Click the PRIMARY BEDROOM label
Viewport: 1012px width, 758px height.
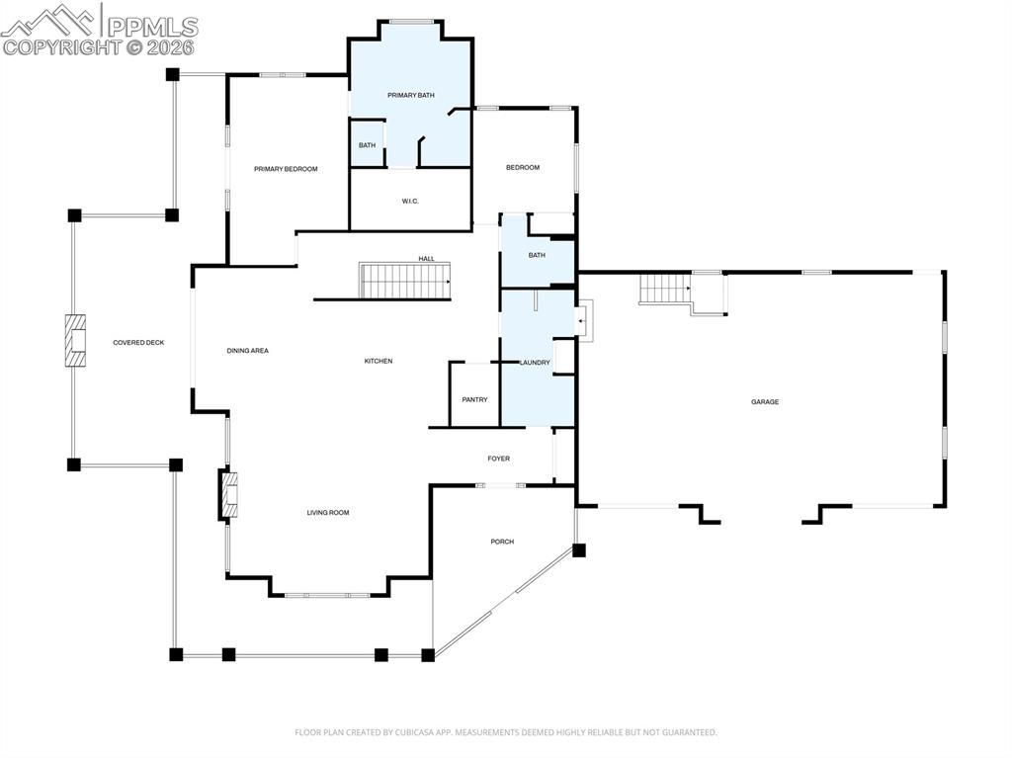(x=286, y=169)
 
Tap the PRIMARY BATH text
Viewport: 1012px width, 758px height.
(x=410, y=95)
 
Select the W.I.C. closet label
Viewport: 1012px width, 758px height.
(x=410, y=202)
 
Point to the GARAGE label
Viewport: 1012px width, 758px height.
(x=764, y=402)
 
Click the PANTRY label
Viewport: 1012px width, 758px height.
(x=474, y=399)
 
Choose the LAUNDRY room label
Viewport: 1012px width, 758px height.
(x=535, y=363)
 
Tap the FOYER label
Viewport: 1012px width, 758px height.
(x=498, y=459)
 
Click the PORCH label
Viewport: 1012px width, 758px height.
(x=502, y=542)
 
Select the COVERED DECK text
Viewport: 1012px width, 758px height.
(x=138, y=343)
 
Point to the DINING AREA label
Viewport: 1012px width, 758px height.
(x=247, y=351)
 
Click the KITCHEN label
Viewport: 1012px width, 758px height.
(x=379, y=362)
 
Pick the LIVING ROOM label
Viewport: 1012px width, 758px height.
(x=327, y=513)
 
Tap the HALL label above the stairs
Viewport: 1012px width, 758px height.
(x=426, y=259)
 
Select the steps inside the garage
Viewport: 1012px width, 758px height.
(x=664, y=289)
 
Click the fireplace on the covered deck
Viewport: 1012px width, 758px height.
(x=75, y=342)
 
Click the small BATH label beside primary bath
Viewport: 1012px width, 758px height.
(x=367, y=146)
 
